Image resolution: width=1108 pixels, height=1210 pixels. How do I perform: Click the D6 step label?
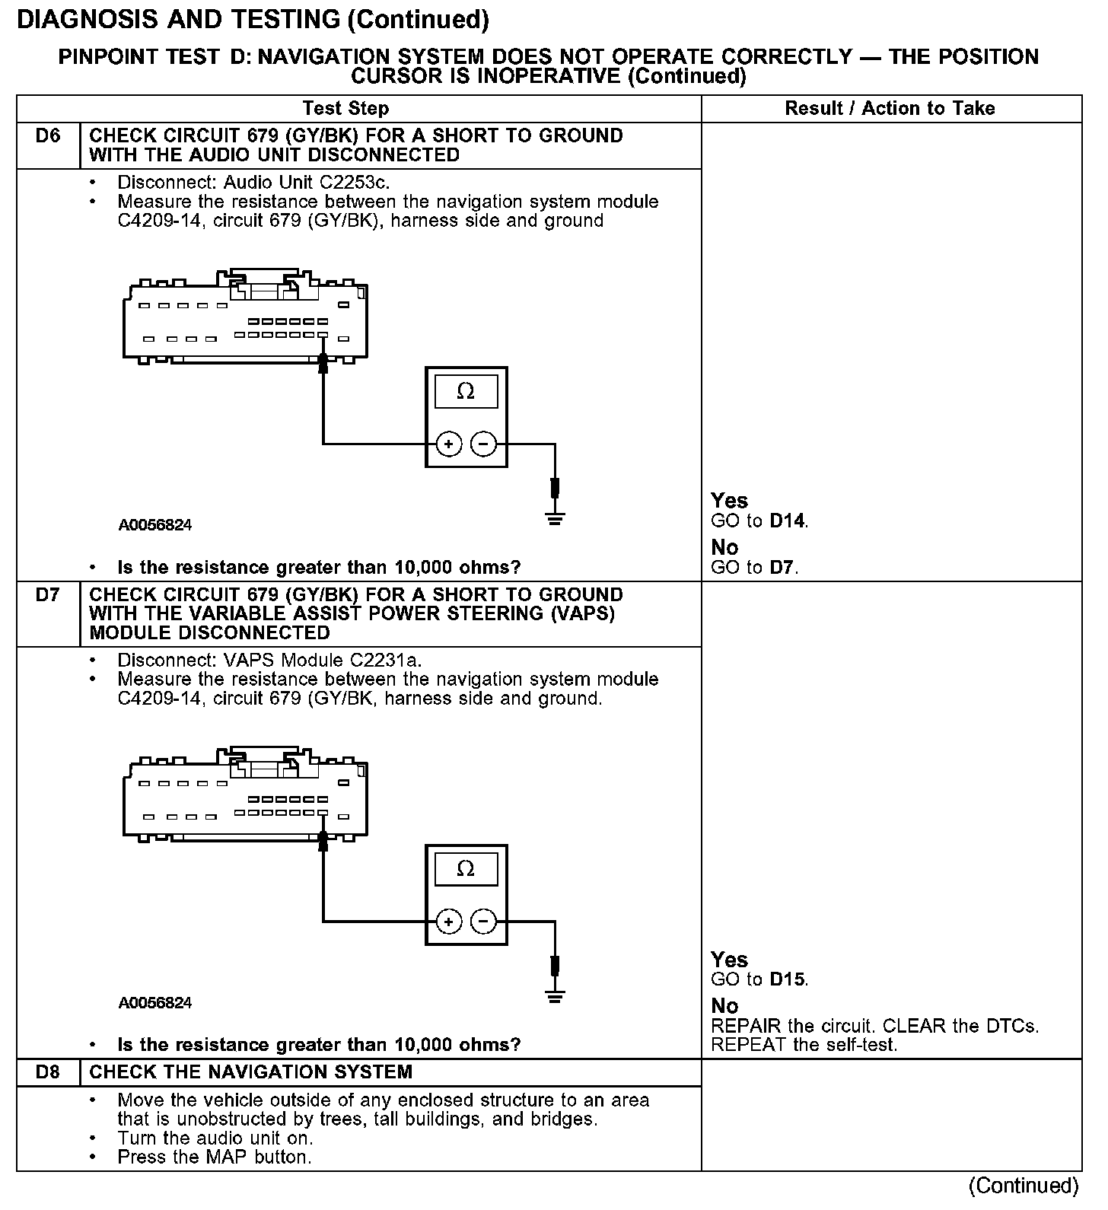pyautogui.click(x=47, y=136)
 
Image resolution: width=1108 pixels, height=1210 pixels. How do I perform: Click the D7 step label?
pyautogui.click(x=47, y=595)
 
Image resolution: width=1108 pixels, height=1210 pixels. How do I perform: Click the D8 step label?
pyautogui.click(x=47, y=1072)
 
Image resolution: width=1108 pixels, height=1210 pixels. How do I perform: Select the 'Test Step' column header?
pyautogui.click(x=345, y=108)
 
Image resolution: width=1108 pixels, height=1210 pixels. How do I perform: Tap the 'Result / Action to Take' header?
pyautogui.click(x=890, y=108)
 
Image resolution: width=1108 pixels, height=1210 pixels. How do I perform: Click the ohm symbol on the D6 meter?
pyautogui.click(x=466, y=392)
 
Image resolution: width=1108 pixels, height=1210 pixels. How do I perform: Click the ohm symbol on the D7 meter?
pyautogui.click(x=466, y=869)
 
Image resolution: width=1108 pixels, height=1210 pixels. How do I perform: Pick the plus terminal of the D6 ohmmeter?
pyautogui.click(x=449, y=444)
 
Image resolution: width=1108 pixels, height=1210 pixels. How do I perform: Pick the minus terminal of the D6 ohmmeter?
pyautogui.click(x=483, y=444)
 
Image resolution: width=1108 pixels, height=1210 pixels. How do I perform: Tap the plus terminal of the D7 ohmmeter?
pyautogui.click(x=449, y=922)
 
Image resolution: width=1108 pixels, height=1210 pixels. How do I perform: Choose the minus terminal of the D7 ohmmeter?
pyautogui.click(x=483, y=922)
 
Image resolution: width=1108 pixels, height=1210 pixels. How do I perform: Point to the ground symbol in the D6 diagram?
pyautogui.click(x=556, y=520)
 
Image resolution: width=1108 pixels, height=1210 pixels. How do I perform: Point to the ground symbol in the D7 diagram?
pyautogui.click(x=556, y=996)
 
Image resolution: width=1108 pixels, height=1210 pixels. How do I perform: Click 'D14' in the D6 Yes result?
pyautogui.click(x=788, y=521)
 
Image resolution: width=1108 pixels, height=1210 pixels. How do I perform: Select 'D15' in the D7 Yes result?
pyautogui.click(x=788, y=979)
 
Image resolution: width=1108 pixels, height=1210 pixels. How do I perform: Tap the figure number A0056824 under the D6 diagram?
pyautogui.click(x=155, y=525)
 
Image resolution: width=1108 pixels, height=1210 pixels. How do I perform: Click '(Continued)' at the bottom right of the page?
pyautogui.click(x=1024, y=1186)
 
